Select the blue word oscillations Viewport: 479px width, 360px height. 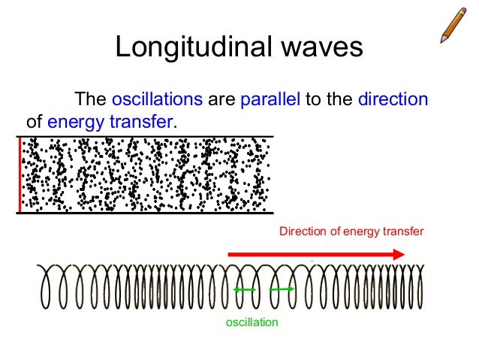(157, 99)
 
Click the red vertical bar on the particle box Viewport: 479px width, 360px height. (20, 175)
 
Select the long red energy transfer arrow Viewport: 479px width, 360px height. (315, 256)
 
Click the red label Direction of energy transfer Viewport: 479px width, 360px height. (351, 231)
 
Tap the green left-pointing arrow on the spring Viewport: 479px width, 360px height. (243, 290)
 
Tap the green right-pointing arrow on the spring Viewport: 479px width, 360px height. (281, 289)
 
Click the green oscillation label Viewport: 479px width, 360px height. (252, 322)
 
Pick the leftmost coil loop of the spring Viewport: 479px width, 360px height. (49, 288)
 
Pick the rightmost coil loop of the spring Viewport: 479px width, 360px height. (417, 288)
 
